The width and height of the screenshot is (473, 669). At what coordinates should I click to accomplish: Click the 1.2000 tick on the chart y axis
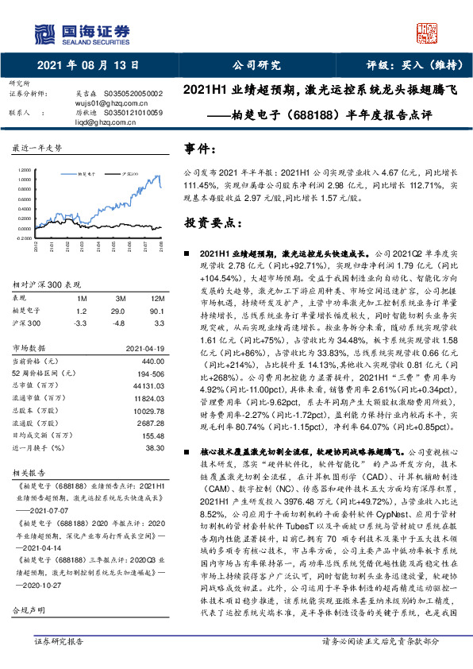(x=25, y=169)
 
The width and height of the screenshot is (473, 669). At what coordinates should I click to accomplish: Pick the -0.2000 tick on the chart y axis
(x=24, y=236)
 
